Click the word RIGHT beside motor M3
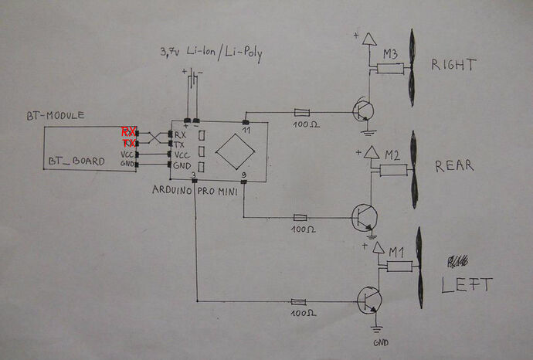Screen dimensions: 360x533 click(x=453, y=65)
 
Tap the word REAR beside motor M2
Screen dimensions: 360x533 click(x=454, y=166)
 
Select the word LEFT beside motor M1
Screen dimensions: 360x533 click(x=466, y=284)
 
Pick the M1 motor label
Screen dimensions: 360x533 click(x=396, y=252)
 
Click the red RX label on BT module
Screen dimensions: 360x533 click(x=128, y=132)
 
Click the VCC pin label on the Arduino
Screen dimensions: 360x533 click(x=182, y=154)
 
